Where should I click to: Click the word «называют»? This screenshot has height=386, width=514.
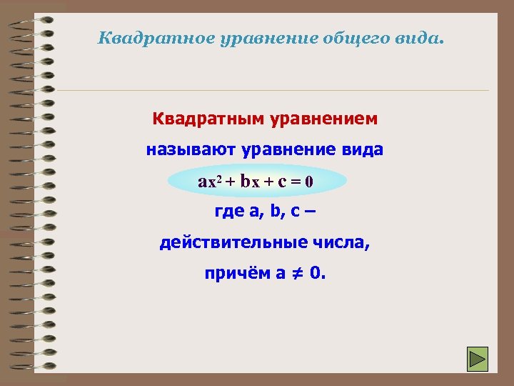tap(191, 150)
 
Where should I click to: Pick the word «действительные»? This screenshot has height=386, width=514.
tap(233, 243)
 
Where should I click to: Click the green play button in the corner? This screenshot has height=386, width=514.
tap(477, 358)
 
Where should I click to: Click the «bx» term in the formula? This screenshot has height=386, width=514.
tap(251, 181)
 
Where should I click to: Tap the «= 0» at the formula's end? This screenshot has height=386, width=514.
tap(301, 181)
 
